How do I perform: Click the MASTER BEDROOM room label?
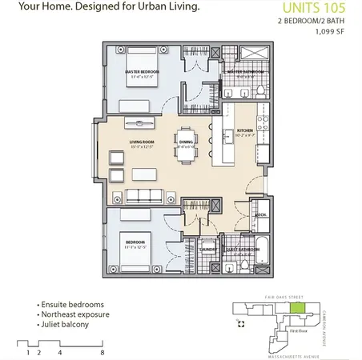pyautogui.click(x=143, y=72)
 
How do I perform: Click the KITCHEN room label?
pyautogui.click(x=243, y=130)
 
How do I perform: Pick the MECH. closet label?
pyautogui.click(x=259, y=215)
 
